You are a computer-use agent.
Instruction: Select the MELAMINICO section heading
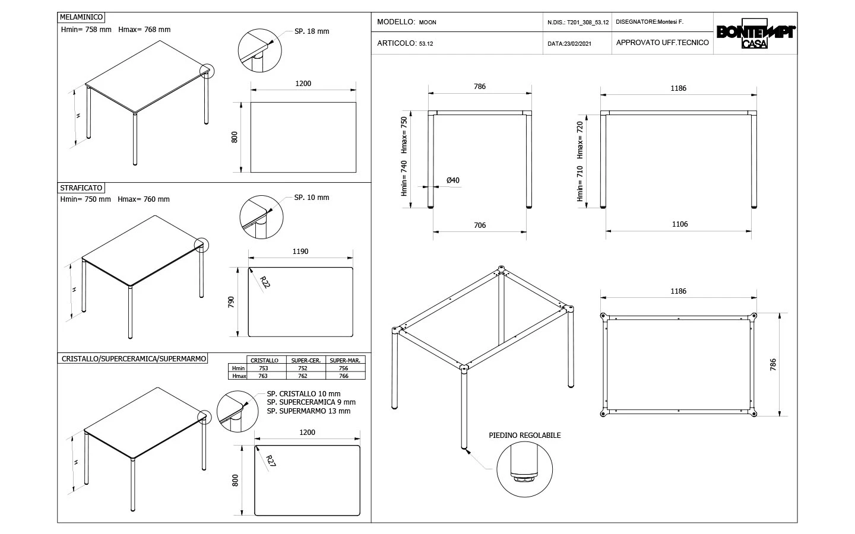coord(83,18)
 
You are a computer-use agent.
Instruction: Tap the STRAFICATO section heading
coord(81,188)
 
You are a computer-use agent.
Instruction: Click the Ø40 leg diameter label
coord(453,180)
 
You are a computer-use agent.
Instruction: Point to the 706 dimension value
coord(480,225)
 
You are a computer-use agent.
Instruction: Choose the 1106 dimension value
coord(680,224)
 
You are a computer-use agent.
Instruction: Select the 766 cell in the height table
coord(343,376)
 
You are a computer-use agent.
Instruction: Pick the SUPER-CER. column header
coord(306,361)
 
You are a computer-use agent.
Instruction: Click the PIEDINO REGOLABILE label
coord(525,436)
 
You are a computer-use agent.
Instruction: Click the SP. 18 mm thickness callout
coord(312,31)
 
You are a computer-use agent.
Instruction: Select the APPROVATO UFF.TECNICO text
coord(663,43)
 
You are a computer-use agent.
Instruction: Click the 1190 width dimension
coord(300,252)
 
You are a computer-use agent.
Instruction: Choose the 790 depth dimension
coord(232,302)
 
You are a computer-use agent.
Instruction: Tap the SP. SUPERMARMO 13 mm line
coord(309,411)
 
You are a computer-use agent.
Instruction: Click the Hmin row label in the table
coord(239,368)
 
